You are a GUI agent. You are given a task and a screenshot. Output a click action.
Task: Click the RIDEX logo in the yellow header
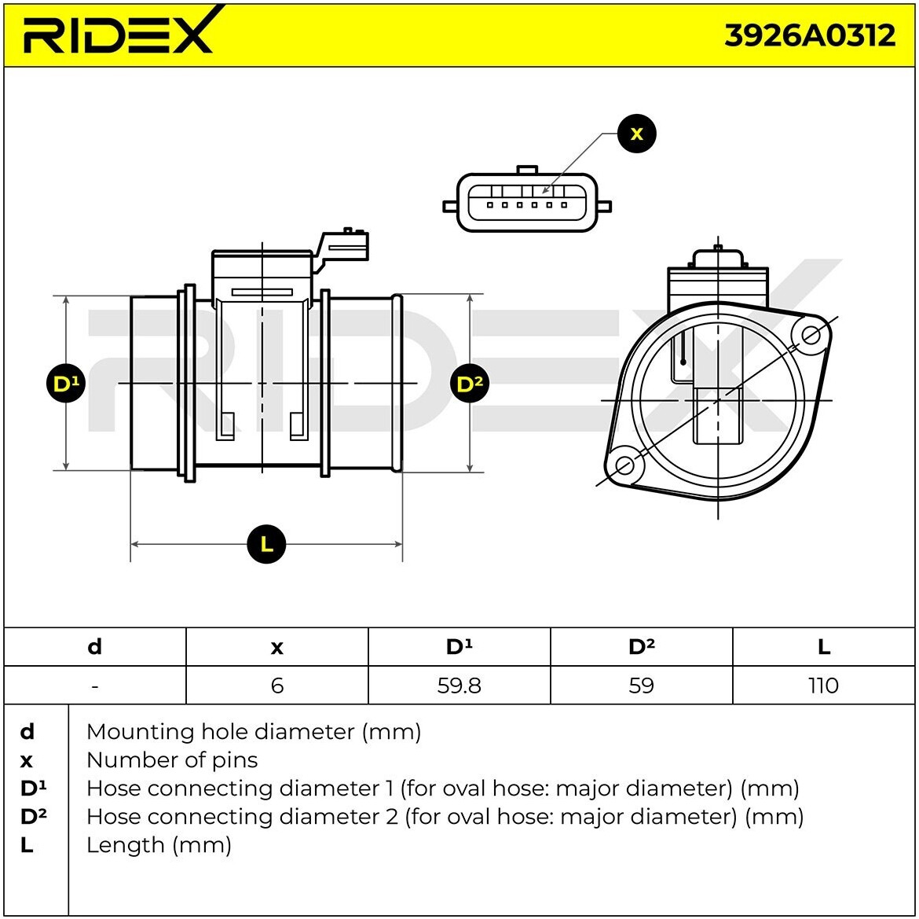point(118,33)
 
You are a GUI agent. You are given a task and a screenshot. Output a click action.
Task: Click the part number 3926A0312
point(809,35)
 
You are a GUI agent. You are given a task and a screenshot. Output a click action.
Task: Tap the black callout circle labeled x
point(636,134)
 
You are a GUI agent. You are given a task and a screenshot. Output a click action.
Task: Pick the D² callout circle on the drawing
point(470,384)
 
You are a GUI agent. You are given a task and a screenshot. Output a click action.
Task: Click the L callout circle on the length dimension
point(266,544)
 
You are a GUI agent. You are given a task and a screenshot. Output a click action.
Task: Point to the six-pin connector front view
point(527,204)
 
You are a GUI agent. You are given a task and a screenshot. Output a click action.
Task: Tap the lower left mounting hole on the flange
point(624,465)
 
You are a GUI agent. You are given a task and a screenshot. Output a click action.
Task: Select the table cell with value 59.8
point(459,686)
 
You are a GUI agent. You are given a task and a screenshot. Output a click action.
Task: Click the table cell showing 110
point(823,686)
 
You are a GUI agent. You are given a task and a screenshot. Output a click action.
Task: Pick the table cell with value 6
point(276,686)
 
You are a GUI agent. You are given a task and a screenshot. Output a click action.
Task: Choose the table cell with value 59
point(641,686)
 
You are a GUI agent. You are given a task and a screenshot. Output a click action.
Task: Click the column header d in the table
point(94,647)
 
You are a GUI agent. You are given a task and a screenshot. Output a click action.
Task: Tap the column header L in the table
point(823,647)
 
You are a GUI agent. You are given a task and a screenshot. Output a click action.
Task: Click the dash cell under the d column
point(94,686)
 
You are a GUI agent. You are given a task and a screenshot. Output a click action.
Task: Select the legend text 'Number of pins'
point(171,760)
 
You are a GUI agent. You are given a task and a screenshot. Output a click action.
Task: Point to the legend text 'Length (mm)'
point(159,845)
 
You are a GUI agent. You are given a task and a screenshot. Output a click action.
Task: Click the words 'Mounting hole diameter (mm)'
point(253,732)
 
